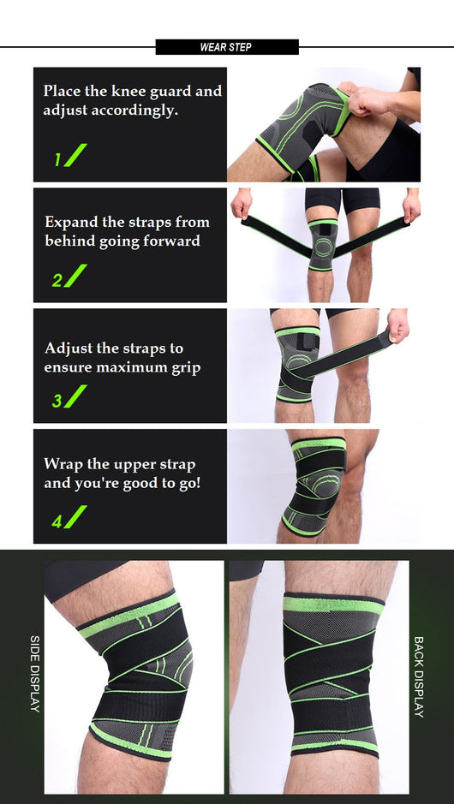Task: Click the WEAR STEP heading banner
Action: (x=227, y=47)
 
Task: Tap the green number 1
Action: (x=57, y=160)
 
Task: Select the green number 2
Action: (x=57, y=281)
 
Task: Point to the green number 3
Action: (x=57, y=401)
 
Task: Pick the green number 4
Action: (x=57, y=521)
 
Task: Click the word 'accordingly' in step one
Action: (x=134, y=110)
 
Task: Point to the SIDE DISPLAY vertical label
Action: (x=34, y=674)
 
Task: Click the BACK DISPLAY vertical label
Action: (x=419, y=676)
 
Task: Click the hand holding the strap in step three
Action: (x=398, y=325)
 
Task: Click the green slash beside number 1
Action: (x=75, y=155)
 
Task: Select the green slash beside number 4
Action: (x=75, y=517)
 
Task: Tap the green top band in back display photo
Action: (x=333, y=605)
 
